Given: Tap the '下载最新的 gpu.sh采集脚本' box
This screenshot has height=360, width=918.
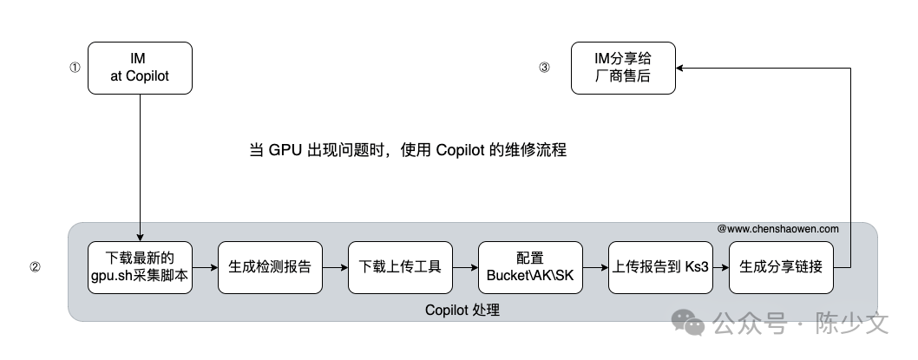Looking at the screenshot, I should [140, 266].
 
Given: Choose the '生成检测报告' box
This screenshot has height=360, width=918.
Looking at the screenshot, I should [270, 266].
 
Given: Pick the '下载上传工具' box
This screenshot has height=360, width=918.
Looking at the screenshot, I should [400, 266].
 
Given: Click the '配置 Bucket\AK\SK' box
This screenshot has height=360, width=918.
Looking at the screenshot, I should [530, 266].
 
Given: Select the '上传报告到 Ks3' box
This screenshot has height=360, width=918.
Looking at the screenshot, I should [660, 266].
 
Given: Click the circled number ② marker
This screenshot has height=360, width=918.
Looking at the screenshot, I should [35, 267].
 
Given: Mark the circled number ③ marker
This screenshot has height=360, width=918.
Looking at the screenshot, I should [544, 68].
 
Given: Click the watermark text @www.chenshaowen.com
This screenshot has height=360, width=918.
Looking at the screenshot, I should [777, 229].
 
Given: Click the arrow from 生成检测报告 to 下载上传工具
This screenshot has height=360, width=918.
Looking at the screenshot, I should [335, 266].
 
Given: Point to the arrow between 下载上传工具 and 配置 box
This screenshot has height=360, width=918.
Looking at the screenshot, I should [465, 266].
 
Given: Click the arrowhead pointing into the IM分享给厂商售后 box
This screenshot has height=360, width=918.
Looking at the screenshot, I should [681, 68].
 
